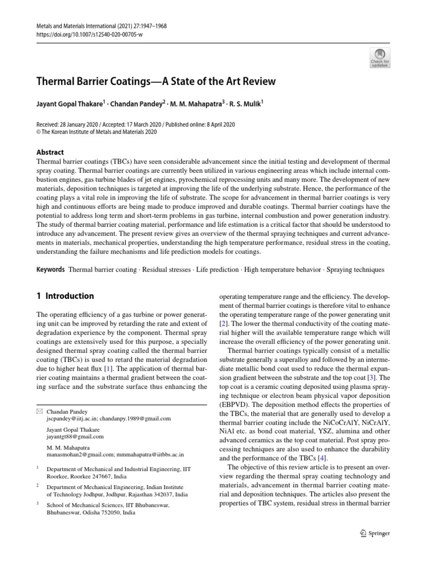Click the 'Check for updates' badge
tap(380, 58)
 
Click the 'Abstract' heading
tap(50, 152)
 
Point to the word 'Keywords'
tap(50, 269)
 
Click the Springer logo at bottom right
tap(375, 533)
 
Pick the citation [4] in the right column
tap(322, 458)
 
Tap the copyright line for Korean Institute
tap(97, 132)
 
